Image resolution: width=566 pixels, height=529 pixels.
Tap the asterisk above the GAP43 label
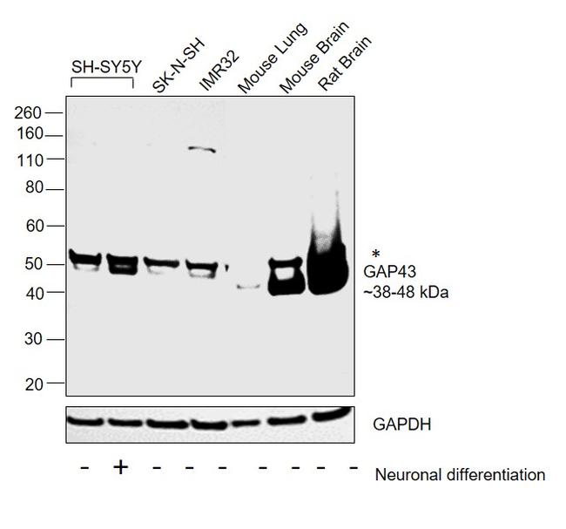click(x=375, y=254)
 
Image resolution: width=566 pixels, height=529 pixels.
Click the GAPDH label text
click(x=401, y=424)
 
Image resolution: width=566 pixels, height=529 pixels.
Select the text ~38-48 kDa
click(x=405, y=293)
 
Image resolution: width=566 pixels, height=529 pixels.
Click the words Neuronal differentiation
click(x=459, y=474)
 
